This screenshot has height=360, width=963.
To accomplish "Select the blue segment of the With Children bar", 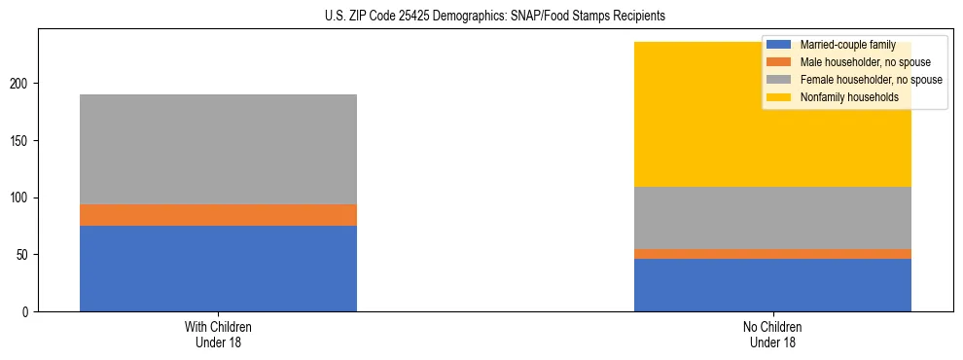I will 218,269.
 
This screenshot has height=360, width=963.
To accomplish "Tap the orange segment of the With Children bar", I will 218,215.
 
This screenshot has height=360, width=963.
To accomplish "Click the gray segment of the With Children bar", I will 218,149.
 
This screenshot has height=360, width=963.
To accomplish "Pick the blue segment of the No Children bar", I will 772,285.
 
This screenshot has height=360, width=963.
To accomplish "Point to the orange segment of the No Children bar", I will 772,254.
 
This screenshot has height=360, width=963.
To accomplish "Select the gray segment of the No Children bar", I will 772,218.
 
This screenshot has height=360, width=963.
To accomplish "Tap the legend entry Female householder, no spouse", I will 870,80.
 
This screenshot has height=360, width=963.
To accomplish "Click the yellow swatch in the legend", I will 779,97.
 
